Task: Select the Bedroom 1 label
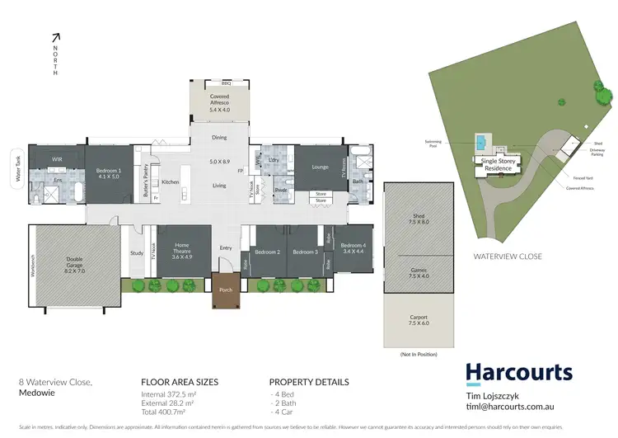click(108, 172)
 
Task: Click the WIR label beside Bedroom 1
click(57, 158)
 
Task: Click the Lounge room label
click(320, 167)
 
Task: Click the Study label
click(137, 253)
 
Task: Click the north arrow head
click(56, 35)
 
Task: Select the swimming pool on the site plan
click(480, 143)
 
